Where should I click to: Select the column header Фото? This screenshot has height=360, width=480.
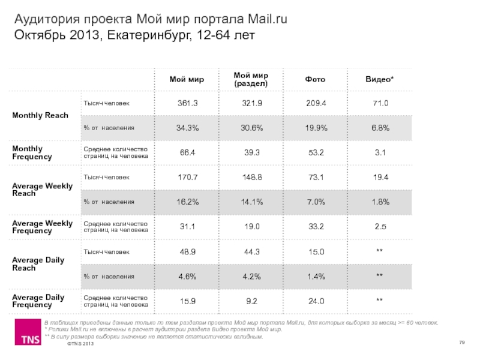(316, 79)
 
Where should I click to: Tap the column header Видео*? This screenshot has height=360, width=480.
(380, 79)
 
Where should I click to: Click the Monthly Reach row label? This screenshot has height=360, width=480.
(40, 115)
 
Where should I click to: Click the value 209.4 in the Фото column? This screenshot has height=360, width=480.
(316, 103)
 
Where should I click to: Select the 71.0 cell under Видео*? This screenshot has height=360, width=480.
(380, 103)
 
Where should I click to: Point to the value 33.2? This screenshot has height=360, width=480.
(316, 226)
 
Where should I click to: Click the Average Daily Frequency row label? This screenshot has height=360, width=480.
(38, 301)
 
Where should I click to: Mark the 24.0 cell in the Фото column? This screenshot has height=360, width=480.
(316, 301)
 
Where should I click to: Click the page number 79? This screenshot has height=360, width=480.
(462, 343)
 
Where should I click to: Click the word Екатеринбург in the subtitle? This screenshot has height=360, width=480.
(149, 35)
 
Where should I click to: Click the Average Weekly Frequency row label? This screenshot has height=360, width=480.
(42, 227)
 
